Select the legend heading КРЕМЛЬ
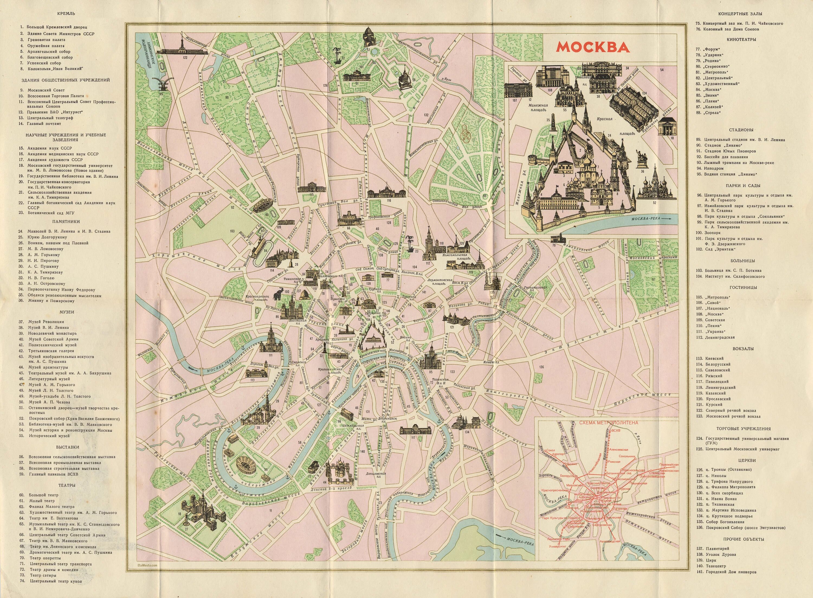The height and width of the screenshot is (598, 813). pos(66,14)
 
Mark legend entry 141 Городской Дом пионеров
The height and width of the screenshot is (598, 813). pos(728,582)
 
